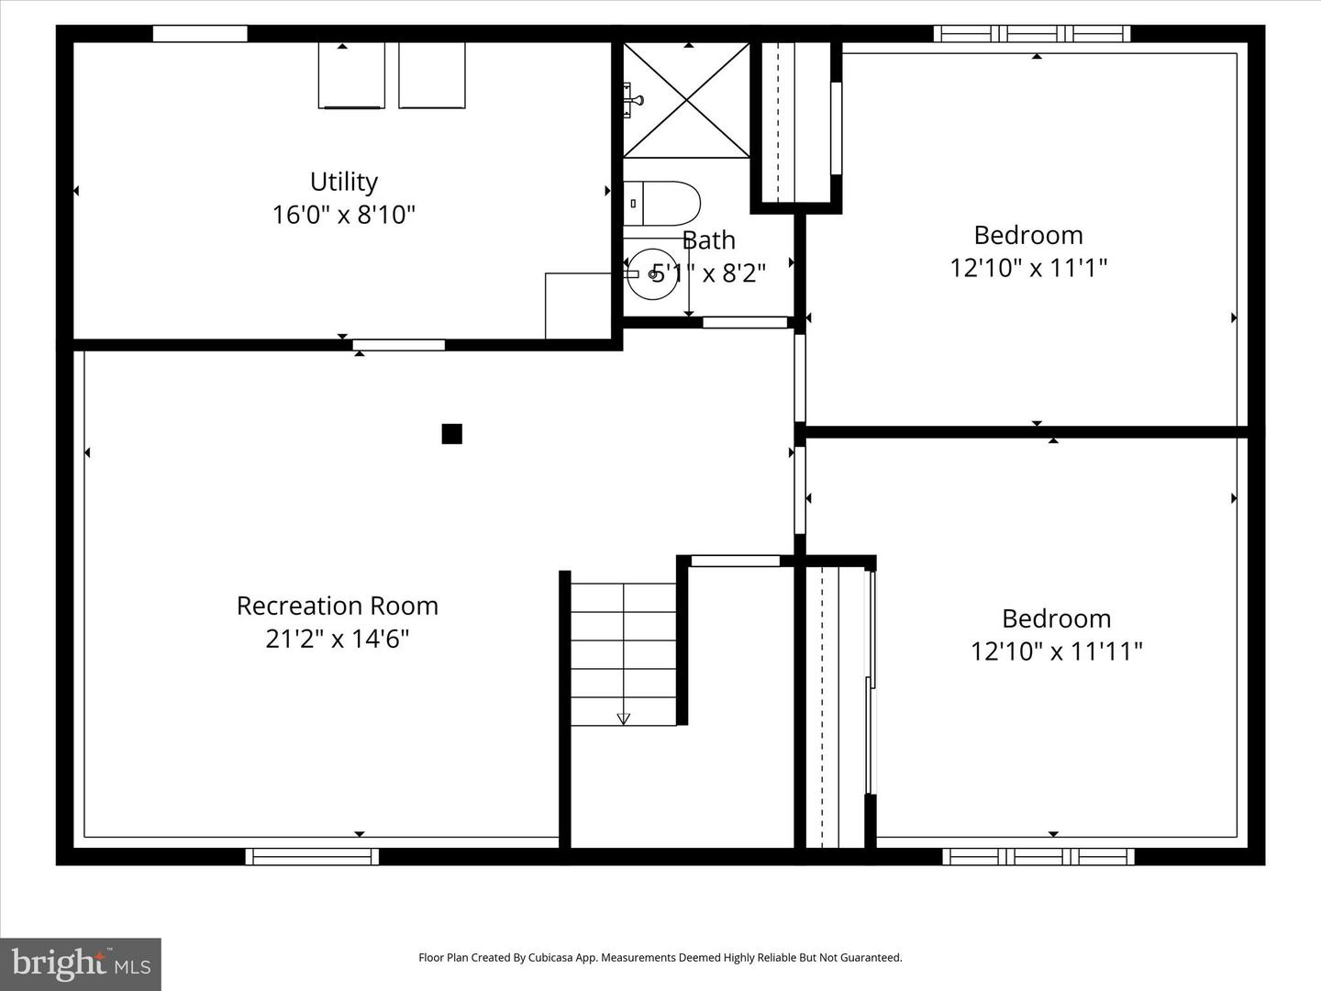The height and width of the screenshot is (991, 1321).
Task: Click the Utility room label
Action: click(344, 182)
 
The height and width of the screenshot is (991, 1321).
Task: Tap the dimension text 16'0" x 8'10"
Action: click(344, 215)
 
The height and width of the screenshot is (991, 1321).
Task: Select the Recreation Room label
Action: click(338, 606)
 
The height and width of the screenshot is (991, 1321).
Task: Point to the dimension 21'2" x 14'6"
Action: click(338, 639)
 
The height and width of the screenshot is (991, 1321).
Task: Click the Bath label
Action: click(709, 240)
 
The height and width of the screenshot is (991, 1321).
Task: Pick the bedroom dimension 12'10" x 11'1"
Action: click(1028, 268)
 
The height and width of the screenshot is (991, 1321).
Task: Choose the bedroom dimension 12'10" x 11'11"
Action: click(1057, 651)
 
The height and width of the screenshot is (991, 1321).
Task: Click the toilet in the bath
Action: click(662, 204)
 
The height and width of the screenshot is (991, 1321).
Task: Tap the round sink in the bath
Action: click(653, 273)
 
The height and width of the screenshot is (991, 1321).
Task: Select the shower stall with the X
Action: click(687, 99)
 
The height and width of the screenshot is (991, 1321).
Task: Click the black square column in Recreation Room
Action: click(451, 434)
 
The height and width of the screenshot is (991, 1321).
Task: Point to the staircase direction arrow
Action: click(624, 718)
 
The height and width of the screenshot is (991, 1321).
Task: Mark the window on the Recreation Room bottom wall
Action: click(312, 857)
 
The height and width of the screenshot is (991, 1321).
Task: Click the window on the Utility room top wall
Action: click(200, 34)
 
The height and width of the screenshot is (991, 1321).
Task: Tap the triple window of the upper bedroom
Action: click(1032, 34)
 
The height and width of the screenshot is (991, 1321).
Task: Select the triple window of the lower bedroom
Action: click(1038, 857)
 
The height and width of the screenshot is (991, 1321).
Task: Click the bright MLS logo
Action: click(81, 963)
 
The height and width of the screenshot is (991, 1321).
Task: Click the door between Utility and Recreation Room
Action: click(399, 345)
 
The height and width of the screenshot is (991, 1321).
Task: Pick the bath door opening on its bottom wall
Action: click(745, 322)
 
